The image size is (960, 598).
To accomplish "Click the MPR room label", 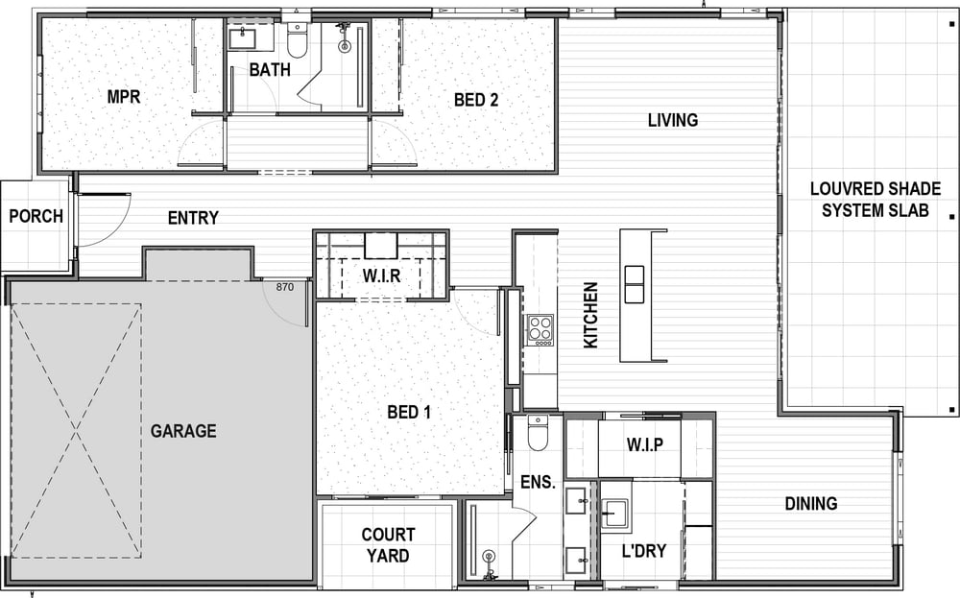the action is click(124, 97).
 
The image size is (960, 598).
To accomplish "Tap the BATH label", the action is click(270, 70).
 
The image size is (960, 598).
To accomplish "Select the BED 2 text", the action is click(476, 100).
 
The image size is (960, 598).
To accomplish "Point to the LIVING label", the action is click(673, 120).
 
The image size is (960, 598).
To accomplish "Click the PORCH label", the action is click(36, 216).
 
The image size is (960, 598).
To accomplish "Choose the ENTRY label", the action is click(193, 218).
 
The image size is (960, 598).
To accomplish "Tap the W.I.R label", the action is click(381, 276).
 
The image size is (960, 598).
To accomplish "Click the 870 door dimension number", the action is click(285, 286).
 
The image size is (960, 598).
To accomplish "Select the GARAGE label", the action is click(183, 431).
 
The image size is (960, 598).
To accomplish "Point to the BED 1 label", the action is click(409, 412).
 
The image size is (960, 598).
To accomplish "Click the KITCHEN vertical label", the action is click(590, 315).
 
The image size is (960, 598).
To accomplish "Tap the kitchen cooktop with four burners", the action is click(540, 330).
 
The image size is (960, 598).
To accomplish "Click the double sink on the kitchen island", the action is click(635, 284).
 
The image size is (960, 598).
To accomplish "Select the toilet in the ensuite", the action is click(538, 432).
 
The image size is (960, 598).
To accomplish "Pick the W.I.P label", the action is click(645, 444).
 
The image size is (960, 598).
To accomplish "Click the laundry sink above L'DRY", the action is click(614, 513).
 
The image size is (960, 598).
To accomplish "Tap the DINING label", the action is click(811, 504).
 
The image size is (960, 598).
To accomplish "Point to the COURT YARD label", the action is click(388, 545).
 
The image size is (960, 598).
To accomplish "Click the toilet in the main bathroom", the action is click(298, 40).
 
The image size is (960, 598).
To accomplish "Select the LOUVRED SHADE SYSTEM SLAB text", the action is click(876, 200).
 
